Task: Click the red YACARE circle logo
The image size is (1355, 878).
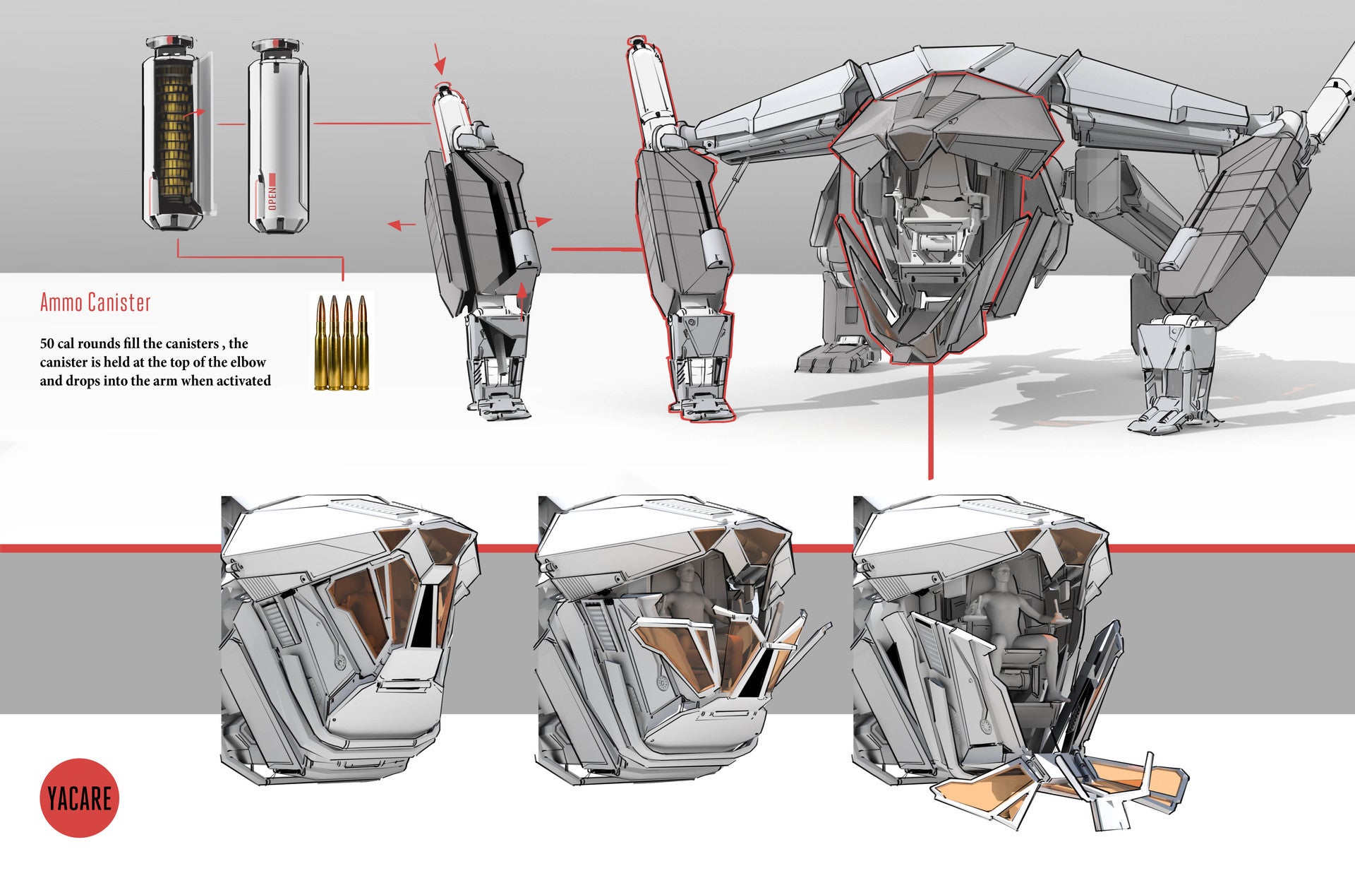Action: coord(79,797)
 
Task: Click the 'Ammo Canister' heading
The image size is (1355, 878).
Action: coord(95,302)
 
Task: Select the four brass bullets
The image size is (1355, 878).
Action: coord(342,342)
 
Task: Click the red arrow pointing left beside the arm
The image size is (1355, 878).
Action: coord(402,225)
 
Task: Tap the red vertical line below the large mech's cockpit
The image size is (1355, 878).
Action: coord(930,424)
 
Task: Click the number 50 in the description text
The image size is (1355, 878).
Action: coord(47,344)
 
